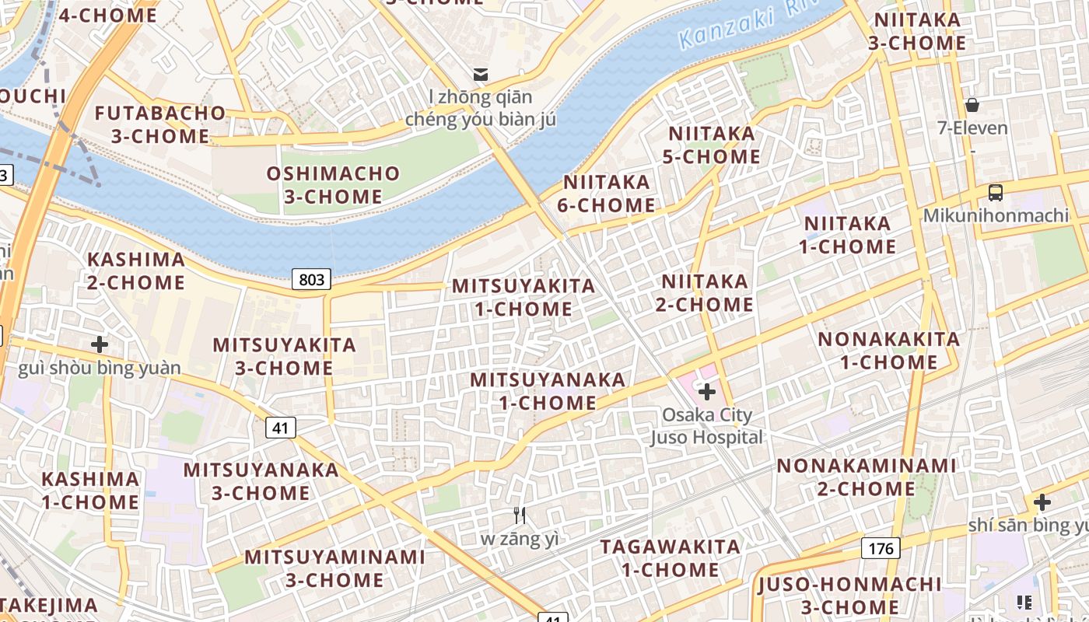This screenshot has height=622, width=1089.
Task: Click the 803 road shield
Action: tap(311, 279)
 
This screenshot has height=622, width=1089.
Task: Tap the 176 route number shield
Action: tap(881, 548)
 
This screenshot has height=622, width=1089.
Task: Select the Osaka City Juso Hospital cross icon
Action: tap(707, 392)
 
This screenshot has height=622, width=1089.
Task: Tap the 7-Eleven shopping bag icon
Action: tap(972, 104)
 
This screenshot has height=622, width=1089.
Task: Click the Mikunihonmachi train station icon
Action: tap(995, 193)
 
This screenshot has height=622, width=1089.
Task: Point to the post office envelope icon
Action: tap(481, 75)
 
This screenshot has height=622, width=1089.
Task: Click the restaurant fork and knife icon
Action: tap(520, 515)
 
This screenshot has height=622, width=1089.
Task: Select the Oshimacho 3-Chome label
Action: tap(333, 185)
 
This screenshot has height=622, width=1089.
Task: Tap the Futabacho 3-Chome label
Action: tap(160, 124)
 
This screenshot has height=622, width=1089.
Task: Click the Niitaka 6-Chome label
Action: tap(606, 194)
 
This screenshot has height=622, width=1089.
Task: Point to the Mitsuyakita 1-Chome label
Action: tap(523, 297)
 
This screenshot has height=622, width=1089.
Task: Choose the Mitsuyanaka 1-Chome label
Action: tap(548, 391)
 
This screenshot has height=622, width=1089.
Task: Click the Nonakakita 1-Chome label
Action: tap(888, 350)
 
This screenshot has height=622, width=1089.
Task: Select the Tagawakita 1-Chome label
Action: tap(670, 557)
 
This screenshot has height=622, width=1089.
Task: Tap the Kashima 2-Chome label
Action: tap(136, 271)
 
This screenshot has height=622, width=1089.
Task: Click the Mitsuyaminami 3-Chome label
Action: tap(334, 568)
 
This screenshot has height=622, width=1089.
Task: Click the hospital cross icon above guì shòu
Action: tap(99, 344)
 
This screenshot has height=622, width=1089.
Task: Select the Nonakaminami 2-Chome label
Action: tap(866, 477)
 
